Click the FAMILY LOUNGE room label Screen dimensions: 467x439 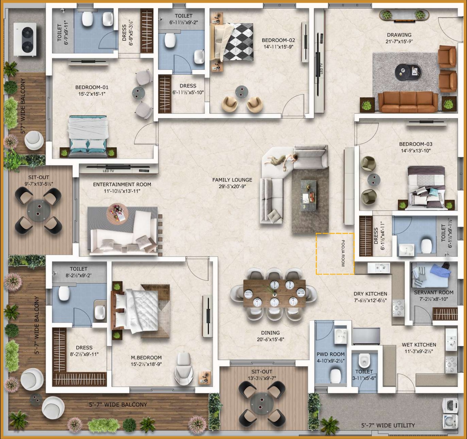tap(232, 180)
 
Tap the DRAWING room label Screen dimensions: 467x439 tap(399, 35)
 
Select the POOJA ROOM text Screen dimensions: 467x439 tap(343, 253)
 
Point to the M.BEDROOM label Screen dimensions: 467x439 tap(146, 357)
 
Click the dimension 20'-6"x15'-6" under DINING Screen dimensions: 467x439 tap(270, 339)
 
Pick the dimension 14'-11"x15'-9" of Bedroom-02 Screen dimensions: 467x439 tap(278, 47)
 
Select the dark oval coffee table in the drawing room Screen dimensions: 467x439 tap(408, 72)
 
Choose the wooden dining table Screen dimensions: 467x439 tap(274, 293)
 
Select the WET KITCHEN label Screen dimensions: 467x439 tap(419, 345)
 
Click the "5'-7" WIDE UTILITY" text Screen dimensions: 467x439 tap(388, 425)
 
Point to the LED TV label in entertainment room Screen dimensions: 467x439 tap(108, 171)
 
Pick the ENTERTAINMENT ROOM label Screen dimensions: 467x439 tap(122, 184)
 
